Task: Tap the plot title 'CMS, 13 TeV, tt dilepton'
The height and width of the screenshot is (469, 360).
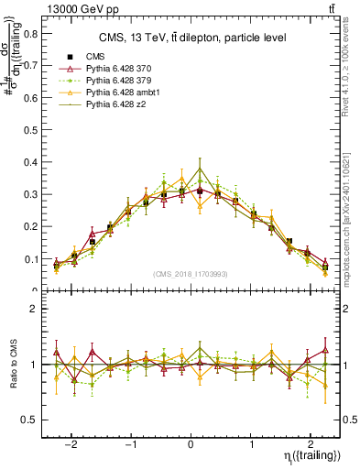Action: tap(192, 38)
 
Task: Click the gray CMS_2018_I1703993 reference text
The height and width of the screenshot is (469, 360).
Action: tap(191, 273)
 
